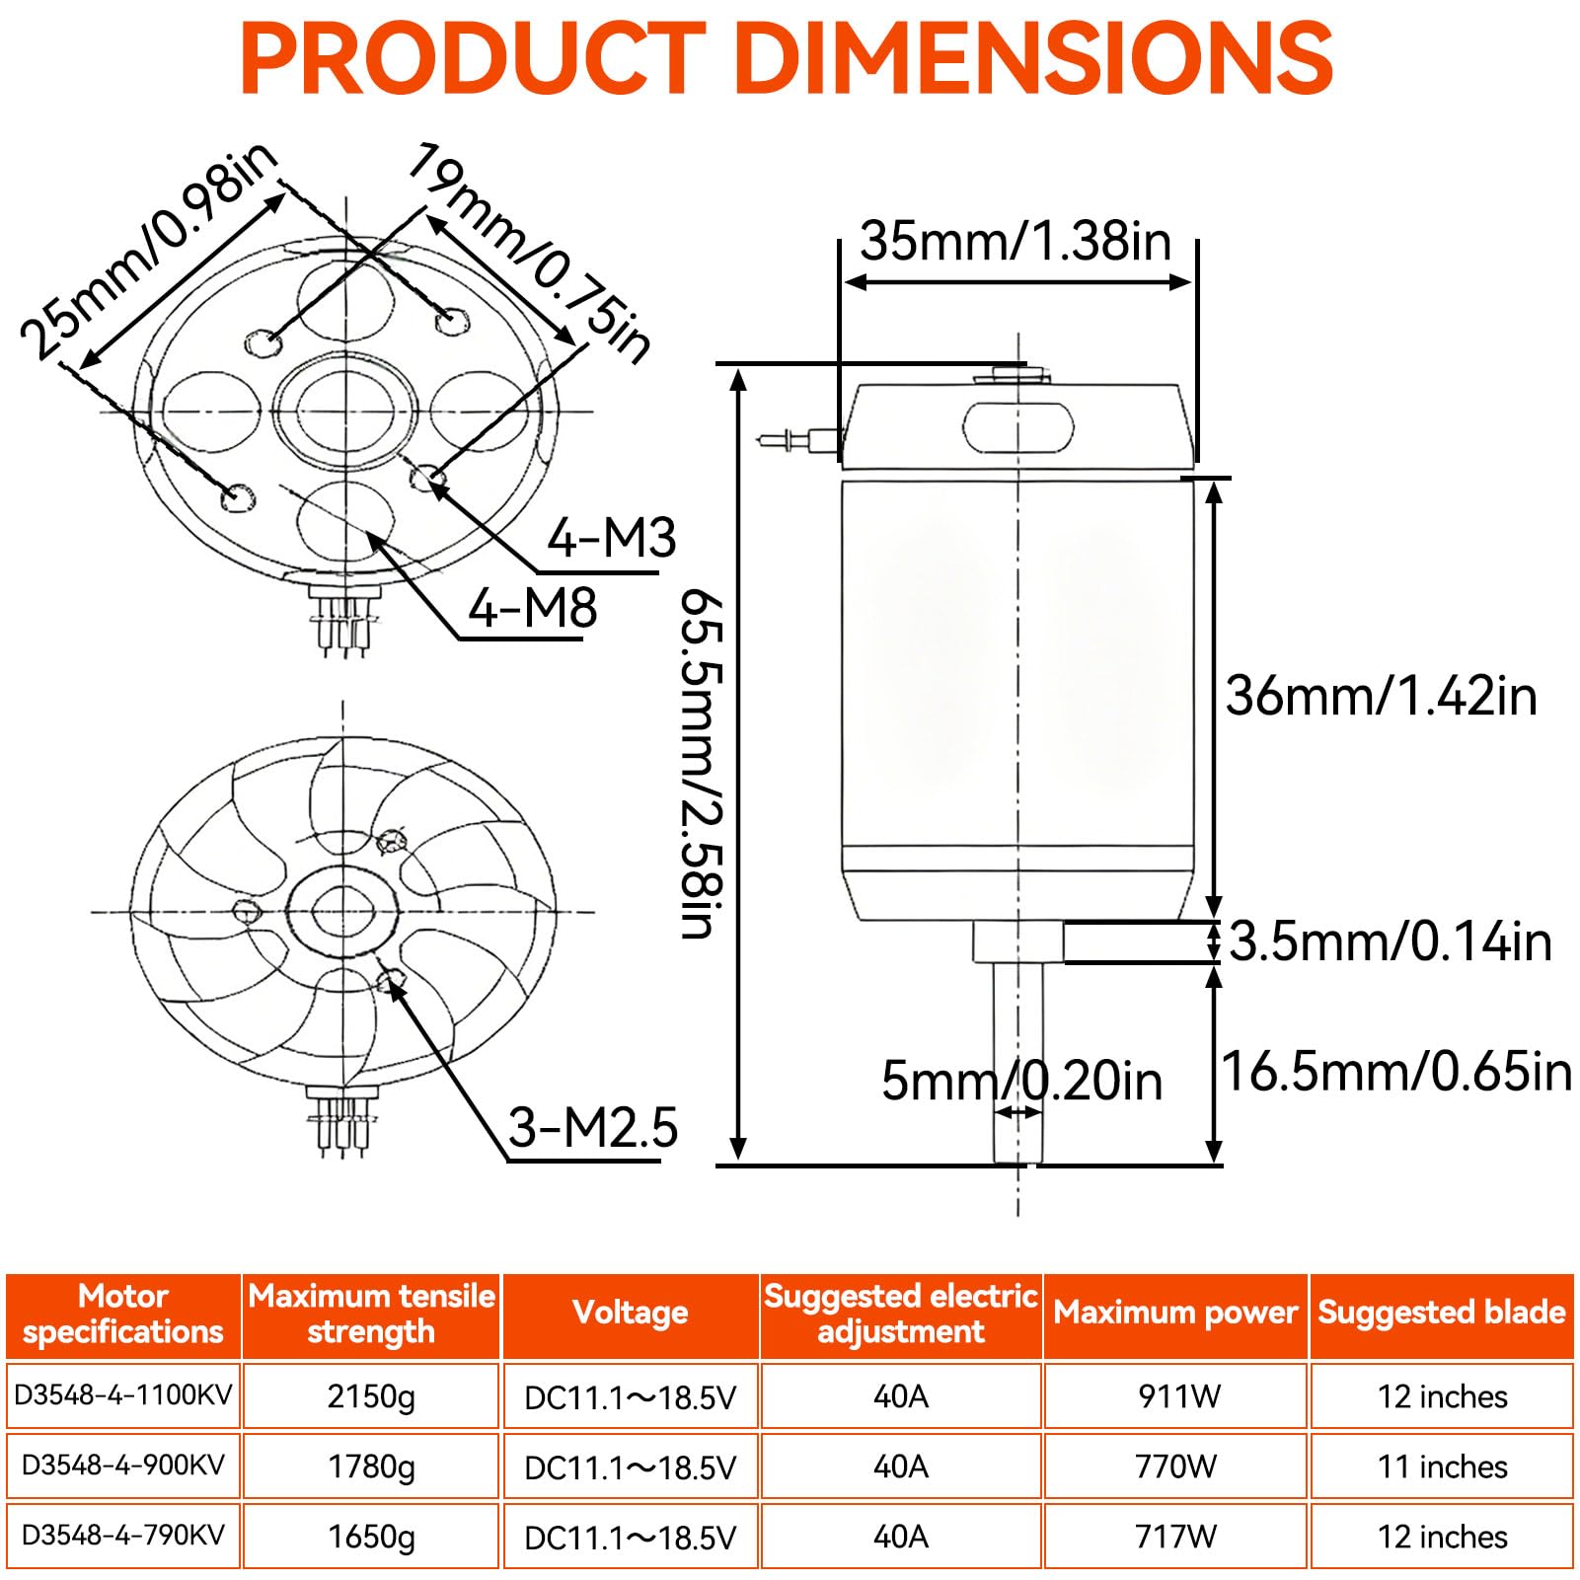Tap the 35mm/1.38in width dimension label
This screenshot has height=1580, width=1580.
[x=1016, y=241]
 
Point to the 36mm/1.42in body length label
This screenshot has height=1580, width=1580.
[x=1382, y=696]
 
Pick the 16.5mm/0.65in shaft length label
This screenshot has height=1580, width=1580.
[x=1396, y=1071]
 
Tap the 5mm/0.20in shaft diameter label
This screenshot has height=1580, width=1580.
[x=1021, y=1080]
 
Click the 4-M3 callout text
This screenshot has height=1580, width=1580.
[x=612, y=538]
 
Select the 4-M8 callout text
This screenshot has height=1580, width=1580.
[x=533, y=607]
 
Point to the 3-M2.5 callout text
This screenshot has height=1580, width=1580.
[x=593, y=1127]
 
